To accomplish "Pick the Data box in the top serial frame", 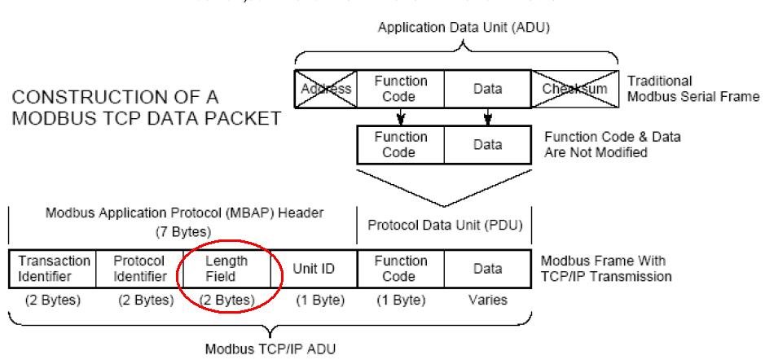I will click(487, 88).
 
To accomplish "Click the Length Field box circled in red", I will click(225, 267).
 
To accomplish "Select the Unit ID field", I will click(313, 267).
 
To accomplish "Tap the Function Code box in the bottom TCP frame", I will click(400, 267).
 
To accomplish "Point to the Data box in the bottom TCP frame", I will click(487, 267).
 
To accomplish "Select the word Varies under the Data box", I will click(487, 299).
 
